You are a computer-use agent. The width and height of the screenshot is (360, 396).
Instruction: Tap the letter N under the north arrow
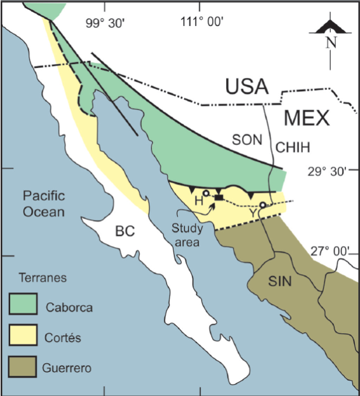point(330,43)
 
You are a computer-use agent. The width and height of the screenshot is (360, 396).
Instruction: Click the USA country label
point(248,86)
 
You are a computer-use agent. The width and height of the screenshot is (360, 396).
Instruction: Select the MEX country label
point(307,118)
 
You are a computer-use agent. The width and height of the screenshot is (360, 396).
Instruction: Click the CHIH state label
point(293,147)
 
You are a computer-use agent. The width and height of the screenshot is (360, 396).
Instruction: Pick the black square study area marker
point(218,198)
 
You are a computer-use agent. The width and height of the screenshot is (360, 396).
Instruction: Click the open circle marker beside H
point(206,193)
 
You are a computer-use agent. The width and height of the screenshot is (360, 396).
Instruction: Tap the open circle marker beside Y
point(262,205)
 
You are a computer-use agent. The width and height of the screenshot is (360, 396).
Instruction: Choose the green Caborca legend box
point(23,306)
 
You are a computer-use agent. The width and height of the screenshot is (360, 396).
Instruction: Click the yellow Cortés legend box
point(23,336)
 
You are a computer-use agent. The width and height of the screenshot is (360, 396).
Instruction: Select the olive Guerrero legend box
point(23,366)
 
